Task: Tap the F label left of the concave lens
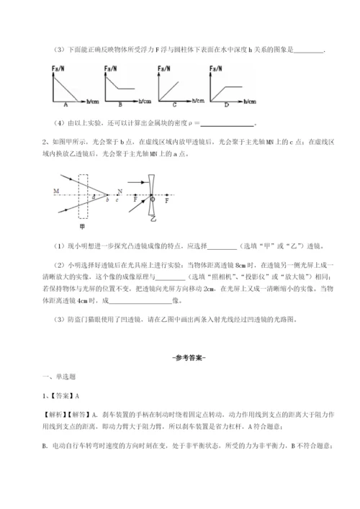point(138,199)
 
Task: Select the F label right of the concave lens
point(167,200)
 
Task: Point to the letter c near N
point(115,199)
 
